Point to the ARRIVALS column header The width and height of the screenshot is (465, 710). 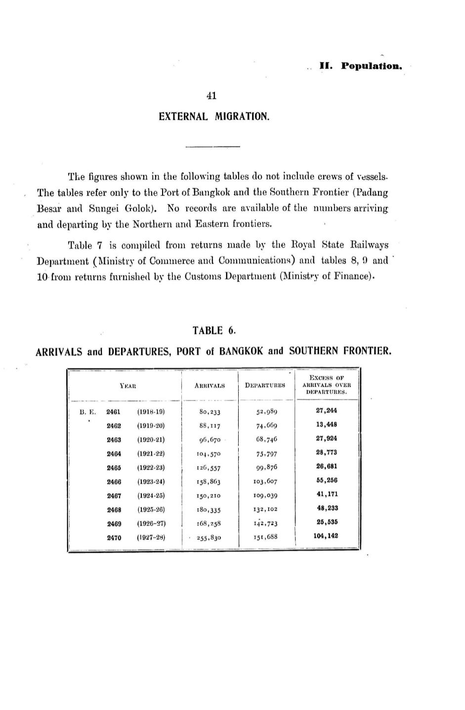tap(210, 385)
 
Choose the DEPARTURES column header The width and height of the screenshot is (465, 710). tap(265, 385)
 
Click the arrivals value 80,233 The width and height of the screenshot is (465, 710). tap(210, 411)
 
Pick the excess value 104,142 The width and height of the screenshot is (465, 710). tap(326, 535)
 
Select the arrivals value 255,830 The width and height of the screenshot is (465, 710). tap(209, 537)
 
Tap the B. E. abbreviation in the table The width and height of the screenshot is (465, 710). tap(87, 411)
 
